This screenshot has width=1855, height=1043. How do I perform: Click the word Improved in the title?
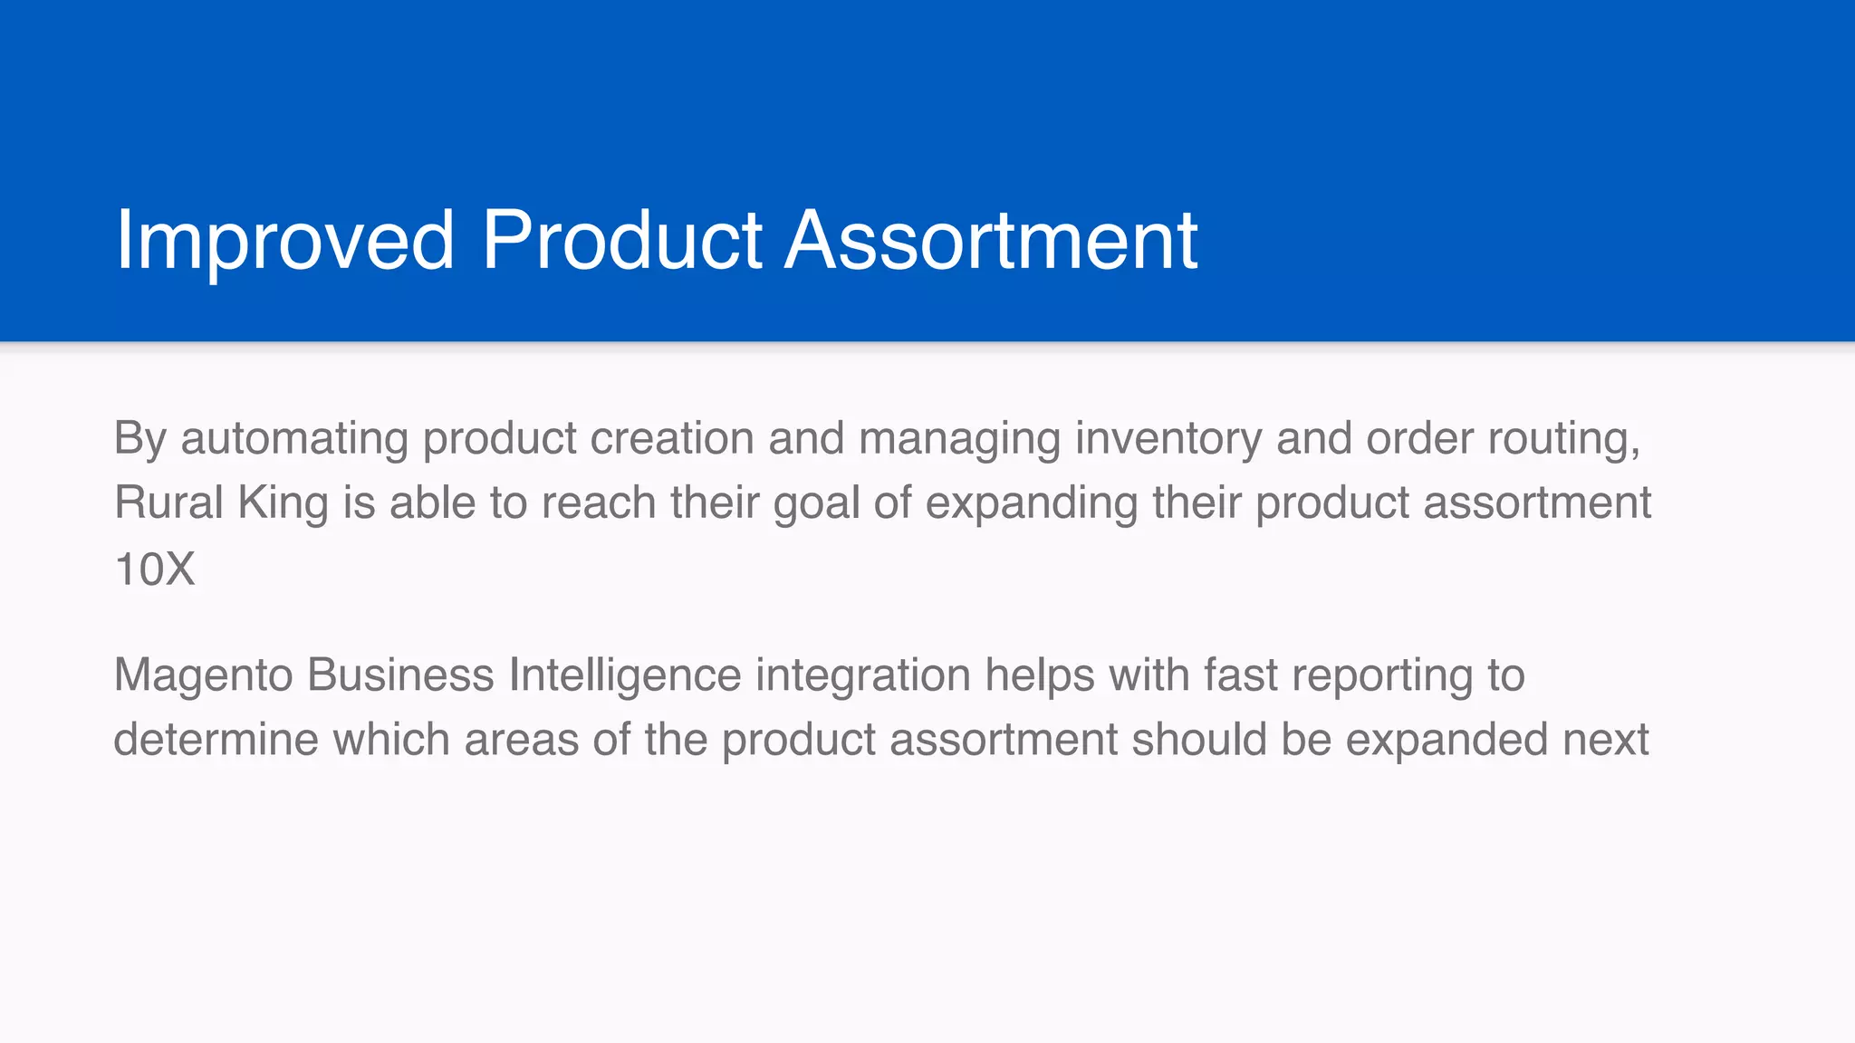click(x=284, y=240)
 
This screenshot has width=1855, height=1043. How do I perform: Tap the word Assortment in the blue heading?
click(x=991, y=240)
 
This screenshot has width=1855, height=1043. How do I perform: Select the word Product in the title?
click(x=621, y=240)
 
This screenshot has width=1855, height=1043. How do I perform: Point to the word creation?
click(x=672, y=439)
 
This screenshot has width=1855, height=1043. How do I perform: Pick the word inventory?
click(x=1168, y=439)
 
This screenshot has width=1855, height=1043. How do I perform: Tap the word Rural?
click(x=168, y=503)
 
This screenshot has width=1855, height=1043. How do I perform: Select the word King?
click(x=283, y=503)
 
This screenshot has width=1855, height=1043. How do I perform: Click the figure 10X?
click(x=155, y=570)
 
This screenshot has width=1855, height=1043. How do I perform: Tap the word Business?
click(x=400, y=675)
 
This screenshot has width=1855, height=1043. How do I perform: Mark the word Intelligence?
click(x=625, y=675)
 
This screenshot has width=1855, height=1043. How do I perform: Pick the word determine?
click(x=216, y=740)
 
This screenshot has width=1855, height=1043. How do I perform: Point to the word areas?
click(x=521, y=740)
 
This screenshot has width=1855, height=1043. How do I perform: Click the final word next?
click(x=1605, y=740)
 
